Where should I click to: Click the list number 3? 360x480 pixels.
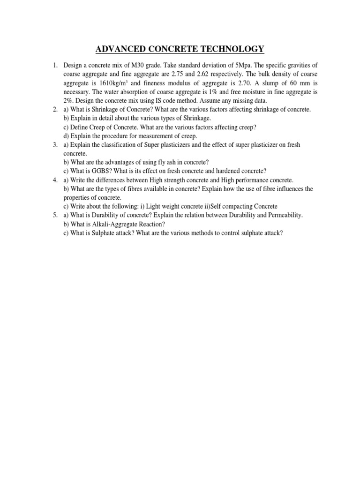click(55, 145)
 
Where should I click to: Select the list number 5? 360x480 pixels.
click(55, 215)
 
